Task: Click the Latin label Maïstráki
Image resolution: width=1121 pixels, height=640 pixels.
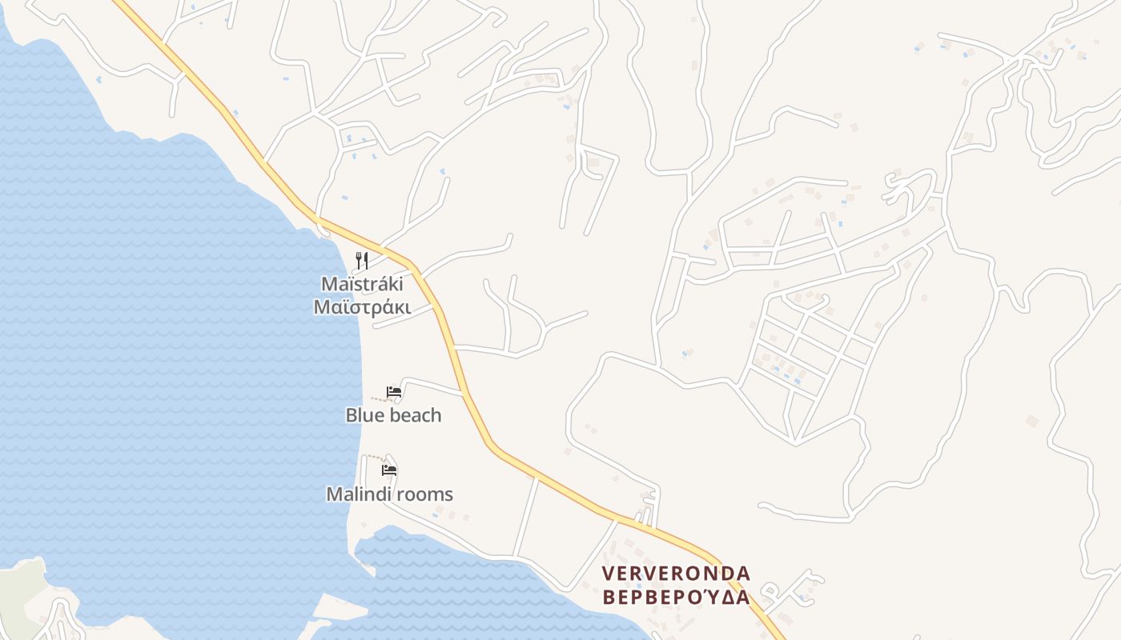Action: coord(361,284)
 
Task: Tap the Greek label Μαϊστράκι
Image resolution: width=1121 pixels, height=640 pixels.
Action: coord(362,307)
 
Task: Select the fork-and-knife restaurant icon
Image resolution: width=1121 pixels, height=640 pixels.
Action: coord(362,260)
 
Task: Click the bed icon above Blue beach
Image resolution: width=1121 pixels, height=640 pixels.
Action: coord(394,392)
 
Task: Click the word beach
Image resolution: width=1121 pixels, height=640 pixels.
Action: coord(415,415)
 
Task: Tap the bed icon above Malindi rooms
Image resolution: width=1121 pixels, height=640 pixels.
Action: coord(390,470)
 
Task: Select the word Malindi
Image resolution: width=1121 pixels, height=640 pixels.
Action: coord(356,494)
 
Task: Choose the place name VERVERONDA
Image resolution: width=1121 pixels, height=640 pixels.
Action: coord(676,574)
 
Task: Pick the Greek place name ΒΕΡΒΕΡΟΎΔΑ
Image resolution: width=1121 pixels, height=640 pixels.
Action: coord(676,598)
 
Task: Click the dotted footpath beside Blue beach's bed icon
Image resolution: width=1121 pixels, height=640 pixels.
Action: coord(379,398)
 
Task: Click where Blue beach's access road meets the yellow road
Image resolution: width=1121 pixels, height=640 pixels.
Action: coord(464,392)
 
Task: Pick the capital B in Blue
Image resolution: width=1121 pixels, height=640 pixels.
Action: coord(352,415)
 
